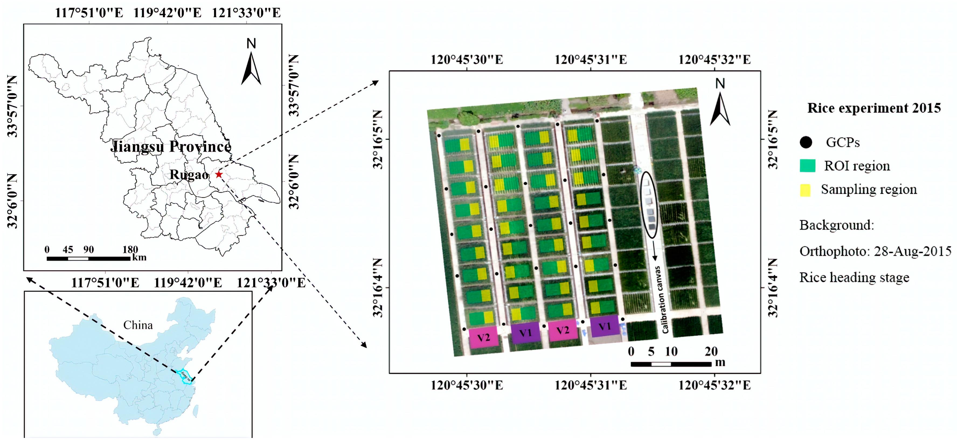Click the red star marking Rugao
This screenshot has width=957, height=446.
(219, 174)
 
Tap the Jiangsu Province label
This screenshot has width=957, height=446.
(171, 146)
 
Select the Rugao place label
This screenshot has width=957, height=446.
(189, 175)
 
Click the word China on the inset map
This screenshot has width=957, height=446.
(138, 325)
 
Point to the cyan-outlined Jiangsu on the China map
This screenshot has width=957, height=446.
(185, 376)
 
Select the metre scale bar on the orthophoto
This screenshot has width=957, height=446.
(671, 364)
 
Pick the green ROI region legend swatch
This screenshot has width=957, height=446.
(808, 166)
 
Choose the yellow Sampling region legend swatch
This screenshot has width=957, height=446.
(805, 190)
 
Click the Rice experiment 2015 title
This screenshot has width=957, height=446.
(874, 108)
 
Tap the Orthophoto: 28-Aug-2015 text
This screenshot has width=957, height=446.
(875, 252)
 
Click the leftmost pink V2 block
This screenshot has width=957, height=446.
(483, 337)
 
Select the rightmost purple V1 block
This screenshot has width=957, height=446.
(604, 326)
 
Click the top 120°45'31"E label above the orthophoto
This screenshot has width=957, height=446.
(591, 60)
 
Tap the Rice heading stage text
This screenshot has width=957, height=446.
(854, 278)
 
